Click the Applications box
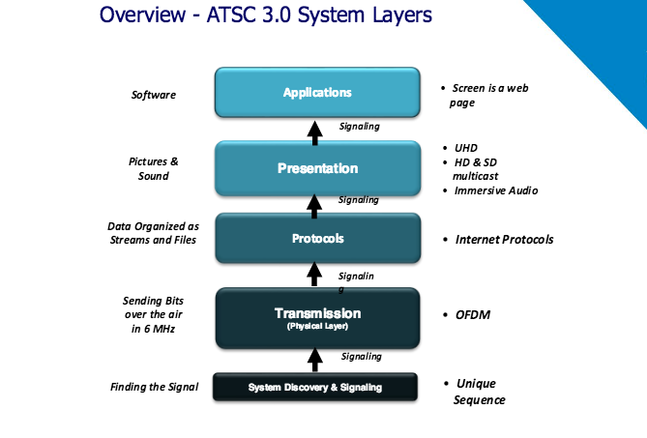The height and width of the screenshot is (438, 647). pos(316,93)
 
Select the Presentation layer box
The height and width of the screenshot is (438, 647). pos(316,168)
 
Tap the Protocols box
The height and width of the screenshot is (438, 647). pos(316,238)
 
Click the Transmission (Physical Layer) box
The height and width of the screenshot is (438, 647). pos(316,317)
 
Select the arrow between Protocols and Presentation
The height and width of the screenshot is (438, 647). pos(314,202)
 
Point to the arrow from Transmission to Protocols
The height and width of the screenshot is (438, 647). pos(314,275)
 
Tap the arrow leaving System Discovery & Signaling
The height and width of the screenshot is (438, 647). pos(314,360)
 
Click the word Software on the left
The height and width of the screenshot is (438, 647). pos(154,95)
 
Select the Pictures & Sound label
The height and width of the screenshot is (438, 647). pos(153,168)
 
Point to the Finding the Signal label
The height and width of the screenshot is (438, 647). pos(154,387)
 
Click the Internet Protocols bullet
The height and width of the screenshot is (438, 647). pos(504,239)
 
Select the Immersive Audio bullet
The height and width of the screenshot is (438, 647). pos(495,190)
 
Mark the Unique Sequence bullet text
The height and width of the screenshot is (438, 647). pos(481,392)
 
